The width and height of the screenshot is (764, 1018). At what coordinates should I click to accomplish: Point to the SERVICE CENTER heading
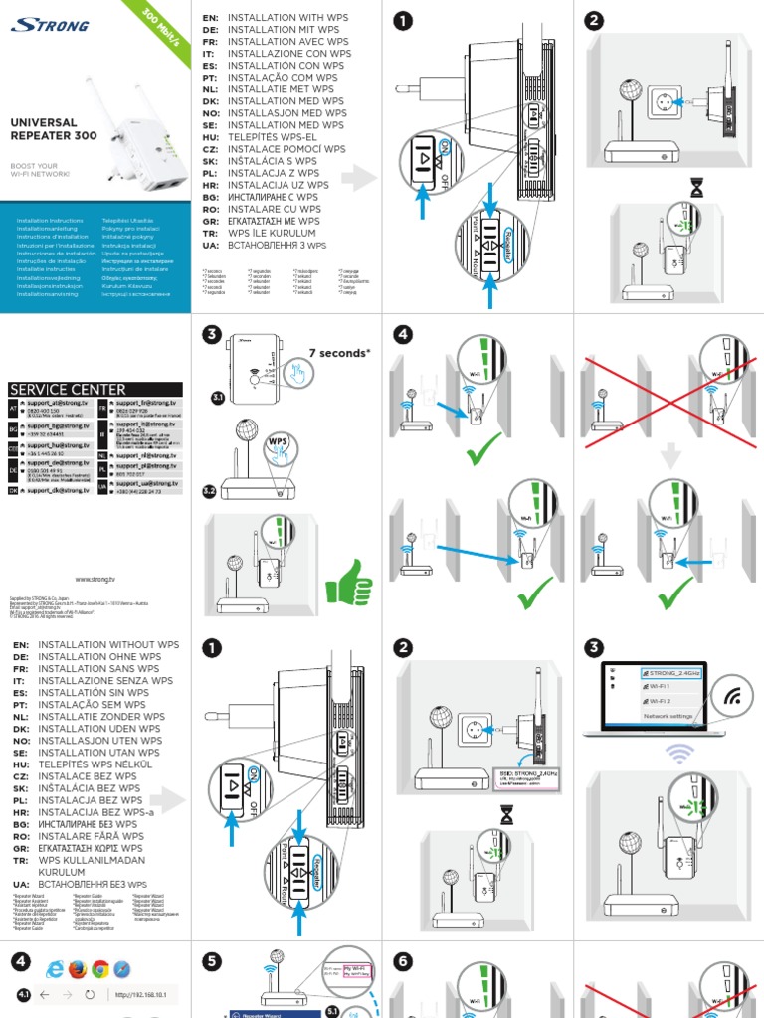[68, 389]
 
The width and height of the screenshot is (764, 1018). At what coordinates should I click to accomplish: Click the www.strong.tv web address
[95, 578]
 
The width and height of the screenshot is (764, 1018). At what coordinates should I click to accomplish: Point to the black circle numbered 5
[211, 961]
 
